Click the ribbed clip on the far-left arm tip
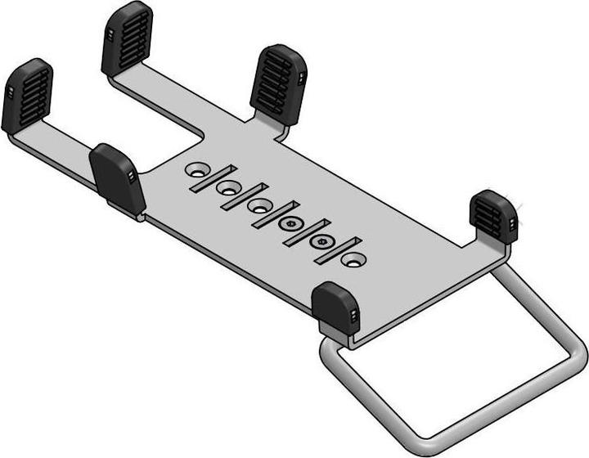tap(27, 96)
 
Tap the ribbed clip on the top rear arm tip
tap(127, 38)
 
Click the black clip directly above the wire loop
tap(336, 308)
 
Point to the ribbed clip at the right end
tap(493, 216)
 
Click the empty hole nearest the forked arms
tap(196, 170)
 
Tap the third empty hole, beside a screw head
tap(260, 204)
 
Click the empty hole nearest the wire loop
tap(353, 258)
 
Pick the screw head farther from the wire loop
tap(290, 222)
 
